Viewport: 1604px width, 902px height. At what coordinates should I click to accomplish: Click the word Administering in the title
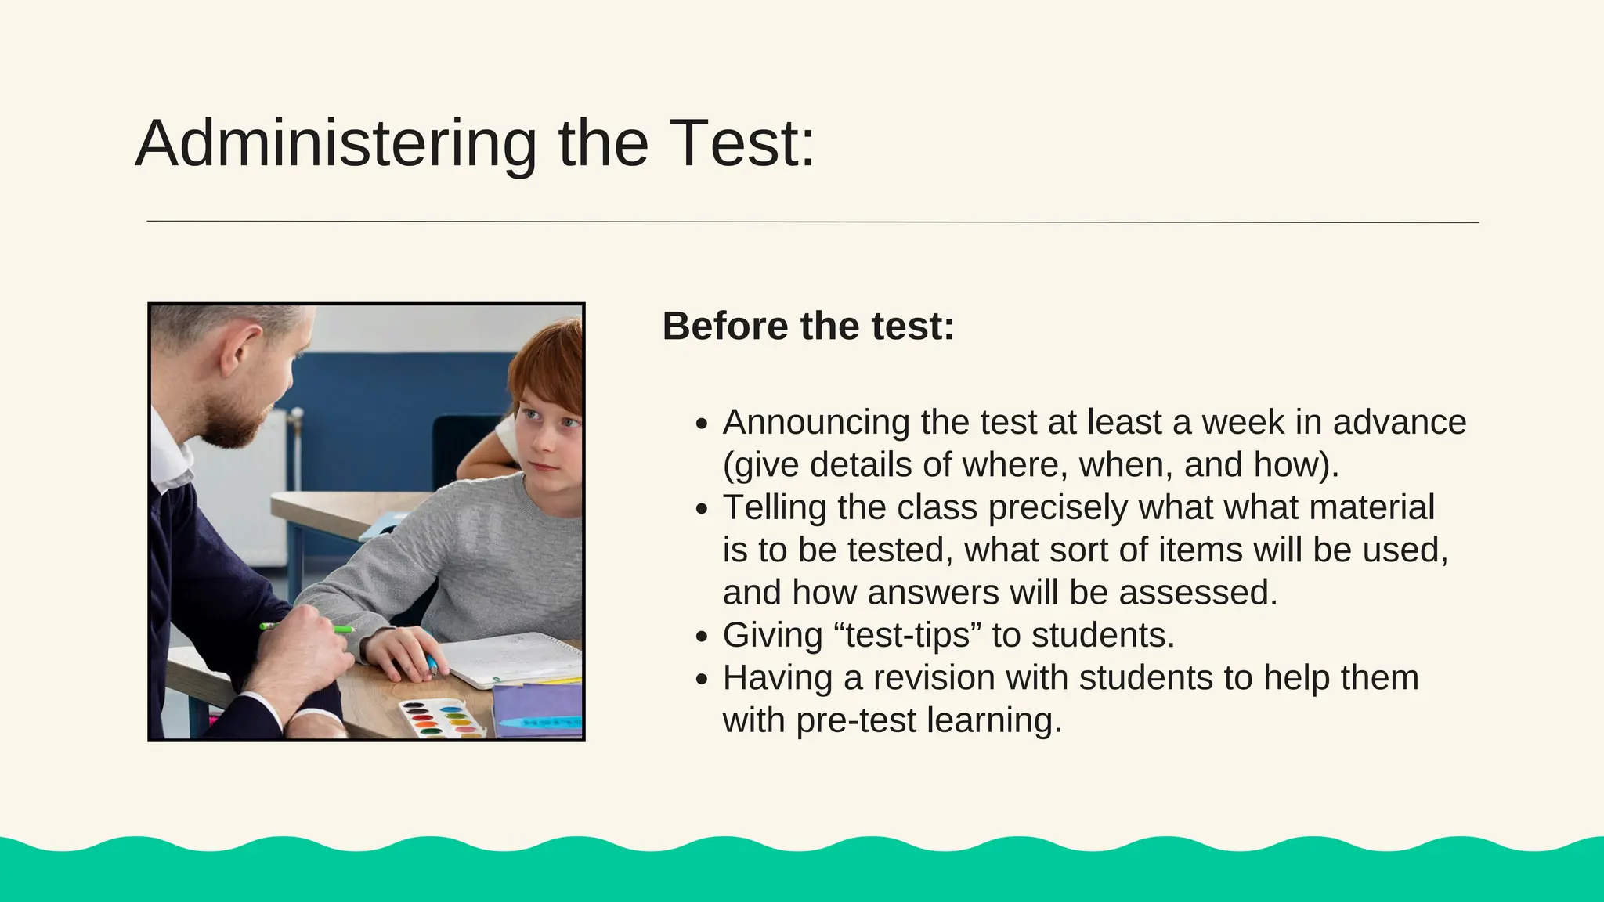pos(335,144)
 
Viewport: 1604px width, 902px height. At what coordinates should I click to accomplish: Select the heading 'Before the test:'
pos(808,326)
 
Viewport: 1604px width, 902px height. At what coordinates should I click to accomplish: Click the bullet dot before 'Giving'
pos(702,637)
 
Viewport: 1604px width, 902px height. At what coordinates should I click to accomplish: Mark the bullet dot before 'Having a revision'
pos(702,679)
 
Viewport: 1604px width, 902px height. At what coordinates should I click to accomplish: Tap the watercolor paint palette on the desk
pos(443,718)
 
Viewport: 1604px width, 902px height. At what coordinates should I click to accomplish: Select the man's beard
pos(235,419)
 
